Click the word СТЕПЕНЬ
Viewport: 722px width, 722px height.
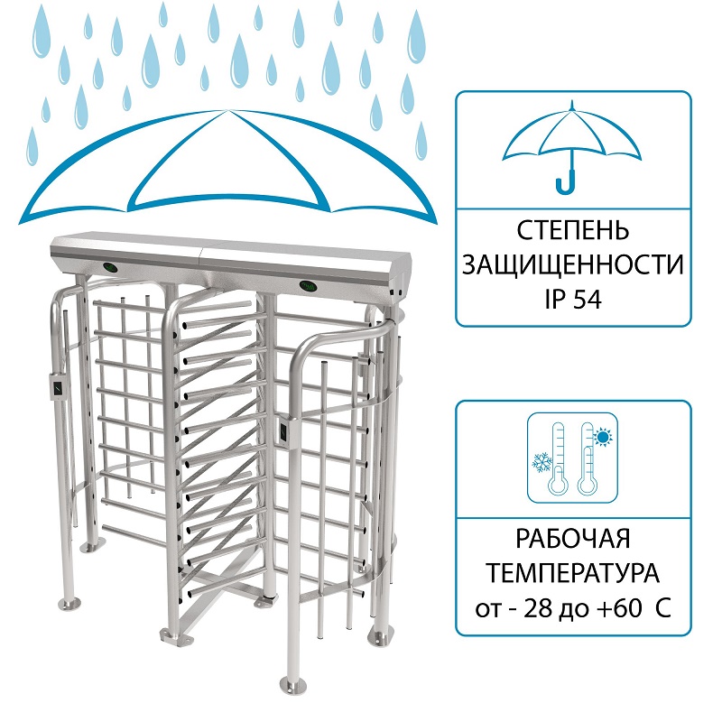(x=572, y=230)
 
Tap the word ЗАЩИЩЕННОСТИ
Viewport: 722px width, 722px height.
(x=573, y=265)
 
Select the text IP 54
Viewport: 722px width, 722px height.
(x=573, y=300)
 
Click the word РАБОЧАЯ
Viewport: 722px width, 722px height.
(x=572, y=538)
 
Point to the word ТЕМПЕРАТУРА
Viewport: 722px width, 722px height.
(x=573, y=573)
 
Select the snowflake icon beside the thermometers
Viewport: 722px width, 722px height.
(x=542, y=462)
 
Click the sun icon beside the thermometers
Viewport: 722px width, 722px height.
(x=602, y=437)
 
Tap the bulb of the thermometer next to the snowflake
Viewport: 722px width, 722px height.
(x=558, y=485)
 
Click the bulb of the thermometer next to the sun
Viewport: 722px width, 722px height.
(x=588, y=485)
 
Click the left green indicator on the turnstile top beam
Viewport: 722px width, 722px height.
(x=110, y=266)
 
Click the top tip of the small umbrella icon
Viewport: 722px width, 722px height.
(x=572, y=102)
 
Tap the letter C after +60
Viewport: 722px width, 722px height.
(x=662, y=608)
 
